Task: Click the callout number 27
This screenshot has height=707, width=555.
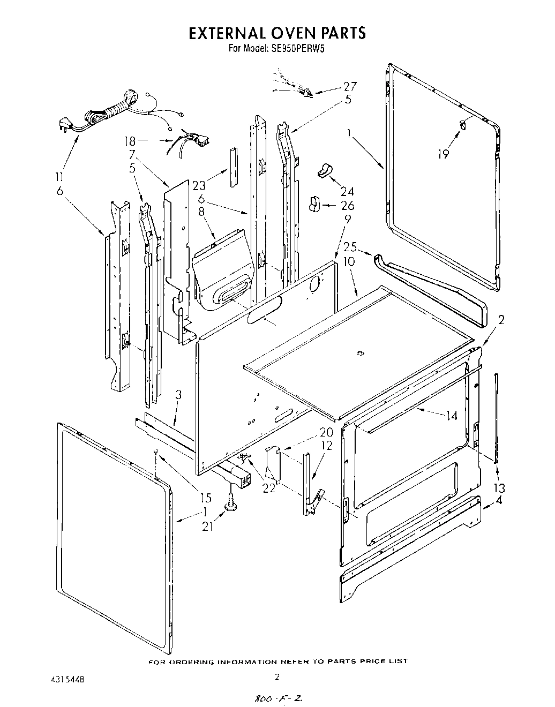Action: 349,87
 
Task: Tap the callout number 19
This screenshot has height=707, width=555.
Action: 443,154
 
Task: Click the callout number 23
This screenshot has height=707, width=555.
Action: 199,186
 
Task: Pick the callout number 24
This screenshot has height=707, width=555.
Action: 347,191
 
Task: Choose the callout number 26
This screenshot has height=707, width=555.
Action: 347,206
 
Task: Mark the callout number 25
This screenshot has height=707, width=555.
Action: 350,248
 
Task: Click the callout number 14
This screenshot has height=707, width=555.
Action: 452,415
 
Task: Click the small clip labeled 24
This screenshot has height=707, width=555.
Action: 324,170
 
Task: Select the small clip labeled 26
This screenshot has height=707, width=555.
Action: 314,204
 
